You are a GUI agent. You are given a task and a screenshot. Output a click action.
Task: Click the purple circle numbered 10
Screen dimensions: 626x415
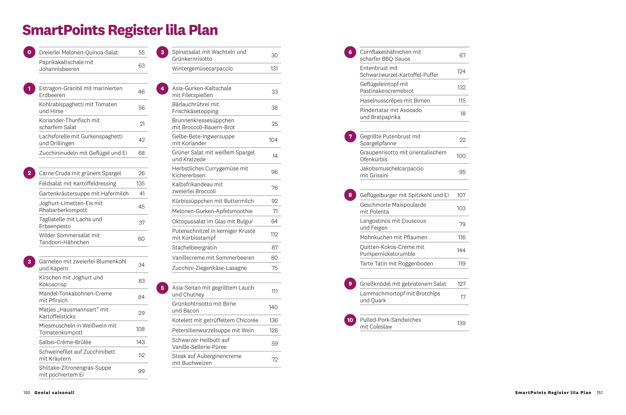(x=350, y=320)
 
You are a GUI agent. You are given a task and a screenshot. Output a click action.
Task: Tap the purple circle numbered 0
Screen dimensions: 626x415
(x=29, y=52)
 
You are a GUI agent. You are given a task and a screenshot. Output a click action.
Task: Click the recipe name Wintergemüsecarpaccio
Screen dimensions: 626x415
(x=202, y=69)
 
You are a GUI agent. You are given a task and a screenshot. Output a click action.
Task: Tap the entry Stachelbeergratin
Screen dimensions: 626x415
(x=194, y=247)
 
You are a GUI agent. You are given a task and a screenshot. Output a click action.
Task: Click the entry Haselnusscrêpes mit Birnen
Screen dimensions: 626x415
(x=395, y=101)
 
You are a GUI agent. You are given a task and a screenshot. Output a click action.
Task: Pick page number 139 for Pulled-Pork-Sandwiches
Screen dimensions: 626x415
(x=461, y=323)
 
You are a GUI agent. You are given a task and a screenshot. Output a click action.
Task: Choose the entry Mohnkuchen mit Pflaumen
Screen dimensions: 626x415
(x=394, y=237)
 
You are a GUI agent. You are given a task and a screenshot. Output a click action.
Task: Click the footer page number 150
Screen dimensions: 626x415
(x=27, y=392)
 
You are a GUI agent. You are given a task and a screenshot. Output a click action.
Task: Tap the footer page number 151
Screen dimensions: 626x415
(x=599, y=392)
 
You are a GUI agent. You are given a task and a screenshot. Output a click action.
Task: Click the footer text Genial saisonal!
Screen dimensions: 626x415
(x=54, y=392)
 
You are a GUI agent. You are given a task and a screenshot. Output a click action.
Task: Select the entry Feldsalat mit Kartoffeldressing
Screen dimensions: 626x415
(x=78, y=183)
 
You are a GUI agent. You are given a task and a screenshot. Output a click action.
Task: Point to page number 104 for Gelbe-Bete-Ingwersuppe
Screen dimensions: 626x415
(x=273, y=140)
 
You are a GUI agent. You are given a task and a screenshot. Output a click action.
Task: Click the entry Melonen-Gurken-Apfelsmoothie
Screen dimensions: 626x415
(x=212, y=211)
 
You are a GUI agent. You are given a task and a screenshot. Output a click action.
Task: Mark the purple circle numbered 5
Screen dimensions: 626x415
(x=162, y=288)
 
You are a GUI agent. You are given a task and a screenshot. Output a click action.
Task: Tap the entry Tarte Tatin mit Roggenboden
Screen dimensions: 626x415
(x=396, y=264)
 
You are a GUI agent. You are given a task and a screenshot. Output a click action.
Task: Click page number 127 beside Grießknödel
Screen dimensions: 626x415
(x=462, y=284)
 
